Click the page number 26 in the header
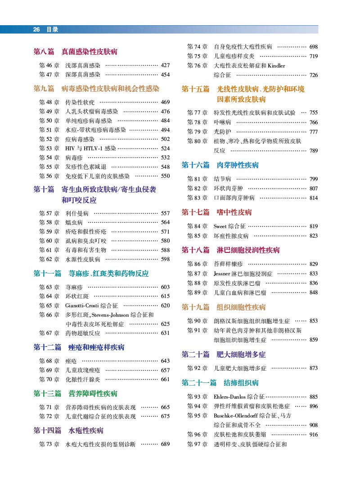[x=37, y=30]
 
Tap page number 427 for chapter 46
[x=165, y=65]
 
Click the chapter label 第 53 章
[x=49, y=148]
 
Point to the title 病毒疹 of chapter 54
[x=74, y=157]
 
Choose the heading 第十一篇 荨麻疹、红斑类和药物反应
[x=91, y=273]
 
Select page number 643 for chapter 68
[x=165, y=361]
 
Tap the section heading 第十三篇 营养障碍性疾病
[x=76, y=394]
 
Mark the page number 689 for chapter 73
[x=165, y=444]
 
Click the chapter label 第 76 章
[x=197, y=66]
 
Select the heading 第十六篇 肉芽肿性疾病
[x=220, y=165]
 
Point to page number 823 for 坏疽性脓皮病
[x=314, y=236]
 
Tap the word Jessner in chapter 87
[x=222, y=274]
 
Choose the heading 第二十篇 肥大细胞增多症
[x=224, y=354]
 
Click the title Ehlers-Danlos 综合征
[x=239, y=397]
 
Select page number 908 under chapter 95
[x=314, y=425]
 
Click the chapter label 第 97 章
[x=197, y=444]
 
